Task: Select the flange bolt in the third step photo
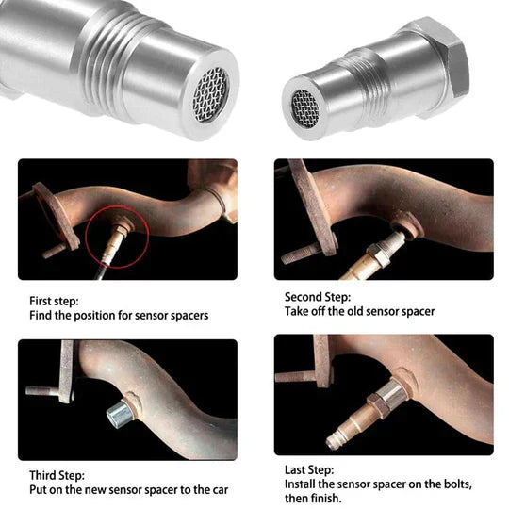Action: point(41,389)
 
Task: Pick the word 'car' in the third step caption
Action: point(217,490)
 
